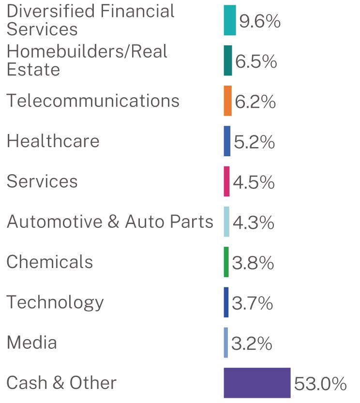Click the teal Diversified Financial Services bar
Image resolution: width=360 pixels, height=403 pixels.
pos(230,20)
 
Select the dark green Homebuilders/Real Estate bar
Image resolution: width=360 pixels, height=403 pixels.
pos(228,60)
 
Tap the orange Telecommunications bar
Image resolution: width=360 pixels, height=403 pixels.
pos(227,101)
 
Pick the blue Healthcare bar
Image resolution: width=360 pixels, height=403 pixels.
pos(227,141)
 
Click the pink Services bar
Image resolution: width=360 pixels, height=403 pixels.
pos(226,181)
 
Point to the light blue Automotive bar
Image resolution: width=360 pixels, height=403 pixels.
pos(226,222)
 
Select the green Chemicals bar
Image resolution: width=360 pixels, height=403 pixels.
pos(226,262)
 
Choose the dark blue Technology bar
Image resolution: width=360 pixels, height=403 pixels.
pos(226,302)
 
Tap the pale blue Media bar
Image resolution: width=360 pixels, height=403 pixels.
pos(226,343)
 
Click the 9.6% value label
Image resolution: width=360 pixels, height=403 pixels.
pos(260,21)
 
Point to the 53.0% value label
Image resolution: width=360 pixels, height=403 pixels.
pos(320,384)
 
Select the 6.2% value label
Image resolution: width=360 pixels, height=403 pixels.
pos(255,102)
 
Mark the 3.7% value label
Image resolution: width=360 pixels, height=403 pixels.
pos(253,303)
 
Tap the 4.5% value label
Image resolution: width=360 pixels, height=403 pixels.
pos(254,182)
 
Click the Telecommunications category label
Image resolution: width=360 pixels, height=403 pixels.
pos(93,100)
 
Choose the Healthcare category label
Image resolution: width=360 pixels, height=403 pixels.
pos(53,141)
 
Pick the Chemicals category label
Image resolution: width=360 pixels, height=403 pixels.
pos(50,262)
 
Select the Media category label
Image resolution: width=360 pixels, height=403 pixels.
pos(32,343)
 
